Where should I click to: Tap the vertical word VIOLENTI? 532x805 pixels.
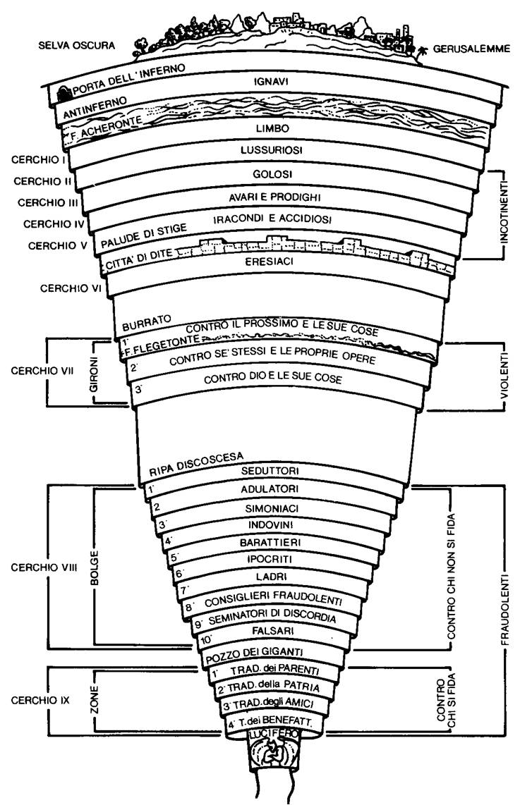[505, 376]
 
